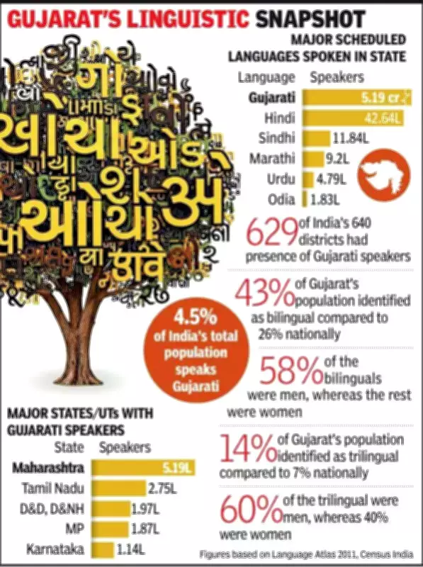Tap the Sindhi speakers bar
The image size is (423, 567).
pyautogui.click(x=317, y=137)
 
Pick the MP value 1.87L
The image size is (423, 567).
pyautogui.click(x=146, y=528)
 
